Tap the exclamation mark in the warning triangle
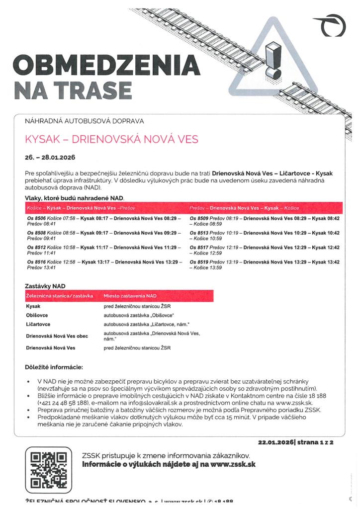(272, 60)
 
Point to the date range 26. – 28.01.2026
(50, 158)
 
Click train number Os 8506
(37, 218)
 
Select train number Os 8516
(37, 262)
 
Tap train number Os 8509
(200, 218)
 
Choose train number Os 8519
(200, 262)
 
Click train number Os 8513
(200, 233)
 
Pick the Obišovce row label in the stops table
(38, 316)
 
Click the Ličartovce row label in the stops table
(39, 325)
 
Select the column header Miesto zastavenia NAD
(130, 296)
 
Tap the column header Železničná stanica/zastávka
(59, 296)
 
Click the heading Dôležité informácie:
(54, 367)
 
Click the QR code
(48, 469)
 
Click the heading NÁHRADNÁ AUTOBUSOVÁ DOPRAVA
(84, 121)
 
